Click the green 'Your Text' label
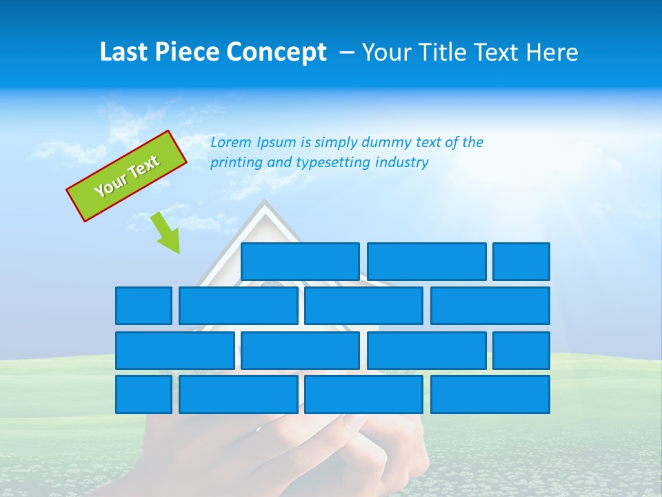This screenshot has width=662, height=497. (127, 176)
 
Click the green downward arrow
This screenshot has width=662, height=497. (166, 233)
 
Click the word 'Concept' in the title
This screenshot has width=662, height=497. (277, 52)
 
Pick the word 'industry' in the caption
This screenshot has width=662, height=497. (402, 163)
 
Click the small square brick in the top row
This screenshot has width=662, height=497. (521, 262)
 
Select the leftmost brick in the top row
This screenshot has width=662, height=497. (300, 262)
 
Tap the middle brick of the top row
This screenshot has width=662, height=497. (426, 262)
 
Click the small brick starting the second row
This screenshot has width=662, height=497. (143, 306)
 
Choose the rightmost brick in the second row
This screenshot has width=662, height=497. (490, 306)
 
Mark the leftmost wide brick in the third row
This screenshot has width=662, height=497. (174, 351)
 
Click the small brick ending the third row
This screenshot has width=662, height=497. (521, 351)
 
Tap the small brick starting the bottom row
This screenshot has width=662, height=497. (143, 395)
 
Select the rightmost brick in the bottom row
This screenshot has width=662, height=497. (490, 395)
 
